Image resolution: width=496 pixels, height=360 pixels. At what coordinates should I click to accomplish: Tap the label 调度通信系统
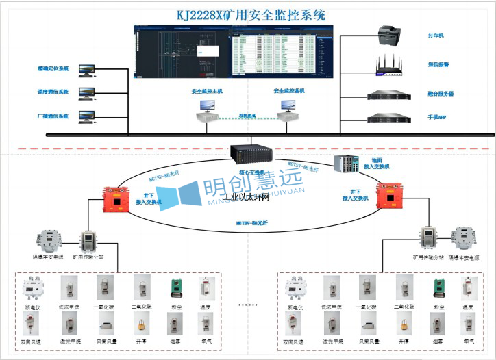point(53,92)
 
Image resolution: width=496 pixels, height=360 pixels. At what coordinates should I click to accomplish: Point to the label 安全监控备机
point(289,91)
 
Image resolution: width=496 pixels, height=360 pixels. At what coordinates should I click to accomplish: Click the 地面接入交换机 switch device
point(345,164)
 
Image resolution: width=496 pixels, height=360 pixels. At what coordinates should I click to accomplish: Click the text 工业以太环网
point(248,197)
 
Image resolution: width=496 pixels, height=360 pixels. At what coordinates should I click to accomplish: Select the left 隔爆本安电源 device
point(52,241)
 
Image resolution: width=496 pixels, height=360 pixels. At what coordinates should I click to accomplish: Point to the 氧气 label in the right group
point(469,340)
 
